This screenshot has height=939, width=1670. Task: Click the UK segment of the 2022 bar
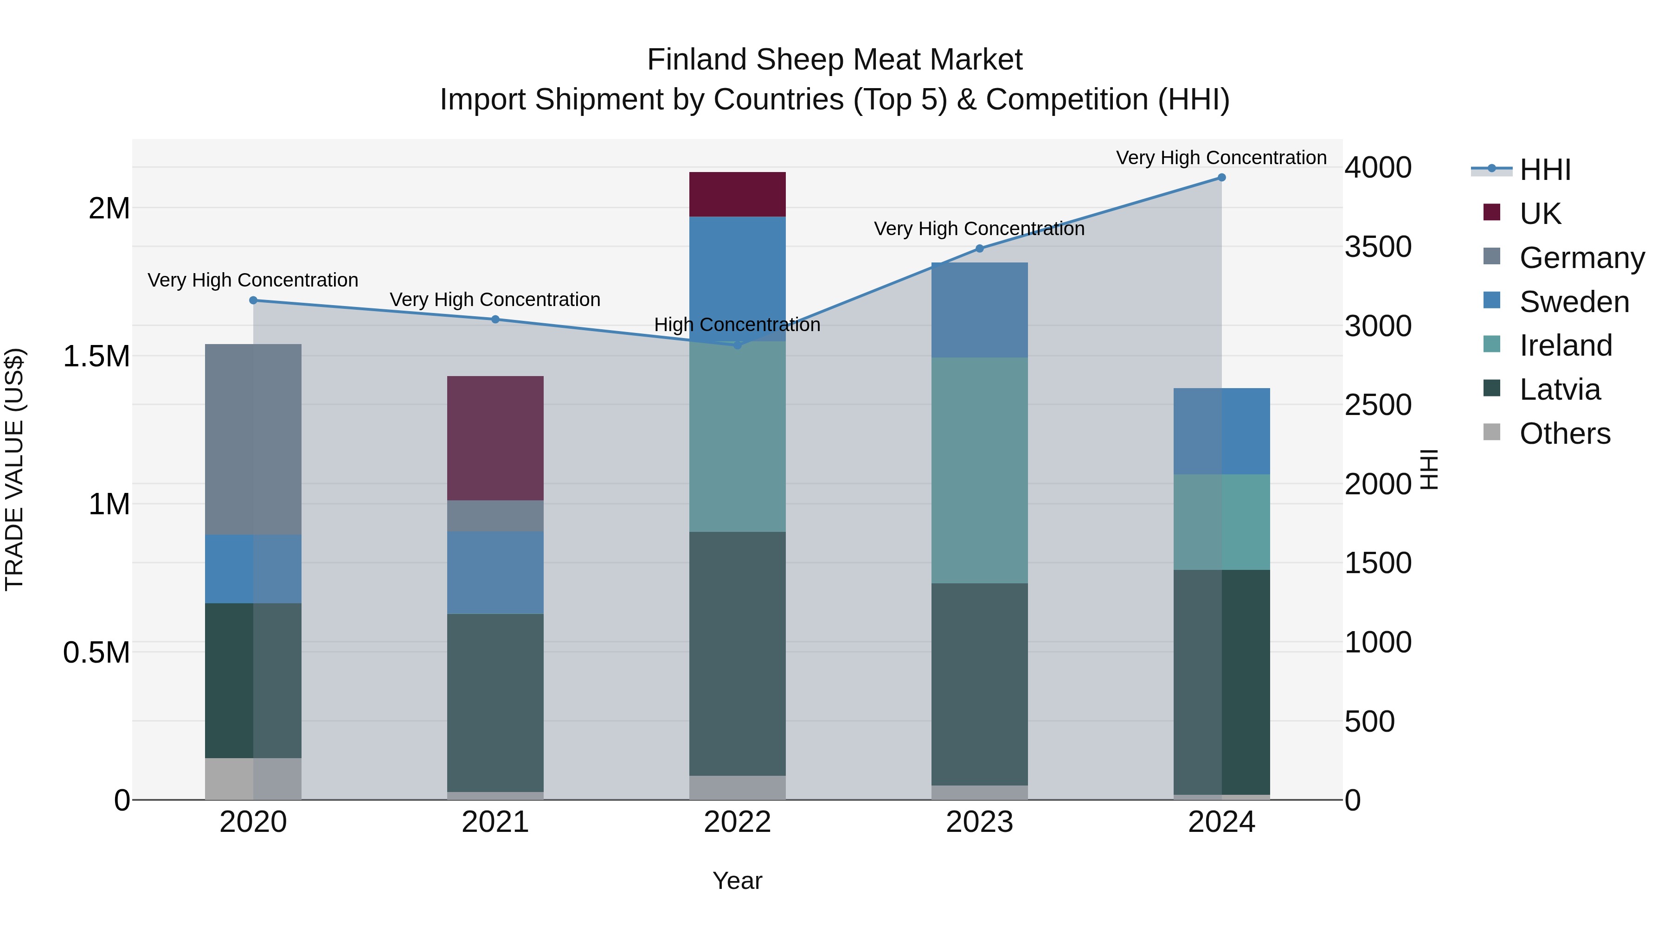tap(737, 194)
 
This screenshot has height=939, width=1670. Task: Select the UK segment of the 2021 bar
tap(495, 438)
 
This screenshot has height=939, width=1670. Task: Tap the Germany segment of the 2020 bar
tap(253, 440)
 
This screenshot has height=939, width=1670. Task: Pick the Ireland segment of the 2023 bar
tap(980, 471)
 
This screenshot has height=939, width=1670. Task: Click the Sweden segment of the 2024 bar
tap(1221, 432)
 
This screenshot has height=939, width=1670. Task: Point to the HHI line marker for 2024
tap(1221, 178)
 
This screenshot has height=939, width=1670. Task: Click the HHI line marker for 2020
tap(253, 300)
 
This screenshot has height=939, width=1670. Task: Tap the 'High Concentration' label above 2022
tap(737, 325)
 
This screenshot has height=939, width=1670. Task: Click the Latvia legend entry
tap(1559, 390)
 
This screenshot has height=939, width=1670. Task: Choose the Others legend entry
tap(1564, 434)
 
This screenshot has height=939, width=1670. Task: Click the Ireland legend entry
tap(1565, 346)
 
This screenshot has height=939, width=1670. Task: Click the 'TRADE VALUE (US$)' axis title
tap(14, 470)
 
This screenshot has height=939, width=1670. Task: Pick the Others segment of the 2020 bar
tap(253, 779)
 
